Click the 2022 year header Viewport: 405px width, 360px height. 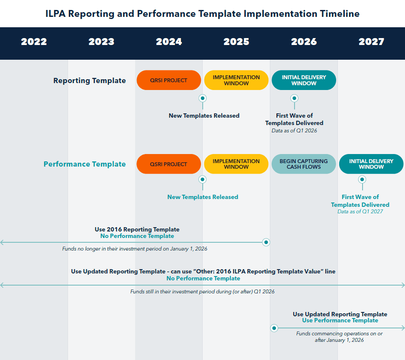(x=34, y=42)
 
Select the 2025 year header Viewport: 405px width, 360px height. (x=237, y=42)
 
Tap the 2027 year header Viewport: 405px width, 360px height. (x=371, y=42)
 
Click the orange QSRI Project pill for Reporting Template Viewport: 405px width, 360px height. (x=168, y=80)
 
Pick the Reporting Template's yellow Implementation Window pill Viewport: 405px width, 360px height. (x=236, y=80)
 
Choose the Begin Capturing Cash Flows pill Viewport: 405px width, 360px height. (x=304, y=164)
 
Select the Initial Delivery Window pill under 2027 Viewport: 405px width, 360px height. (x=371, y=164)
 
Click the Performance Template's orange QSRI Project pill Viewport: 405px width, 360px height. (x=168, y=164)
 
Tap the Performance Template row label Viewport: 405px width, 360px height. (x=84, y=164)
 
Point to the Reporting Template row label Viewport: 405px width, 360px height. (x=90, y=80)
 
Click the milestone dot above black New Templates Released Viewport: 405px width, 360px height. (x=202, y=98)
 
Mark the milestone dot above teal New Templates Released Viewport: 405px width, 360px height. (x=202, y=179)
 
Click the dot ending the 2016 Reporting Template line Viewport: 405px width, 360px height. (x=266, y=242)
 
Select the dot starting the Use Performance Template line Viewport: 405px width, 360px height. (x=274, y=328)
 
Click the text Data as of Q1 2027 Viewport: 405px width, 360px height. (x=360, y=211)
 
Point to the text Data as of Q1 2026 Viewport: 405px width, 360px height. (x=294, y=130)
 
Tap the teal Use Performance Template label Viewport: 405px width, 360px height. (x=340, y=321)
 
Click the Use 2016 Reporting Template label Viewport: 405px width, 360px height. (x=137, y=229)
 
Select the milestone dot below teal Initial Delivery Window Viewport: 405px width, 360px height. (x=362, y=179)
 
